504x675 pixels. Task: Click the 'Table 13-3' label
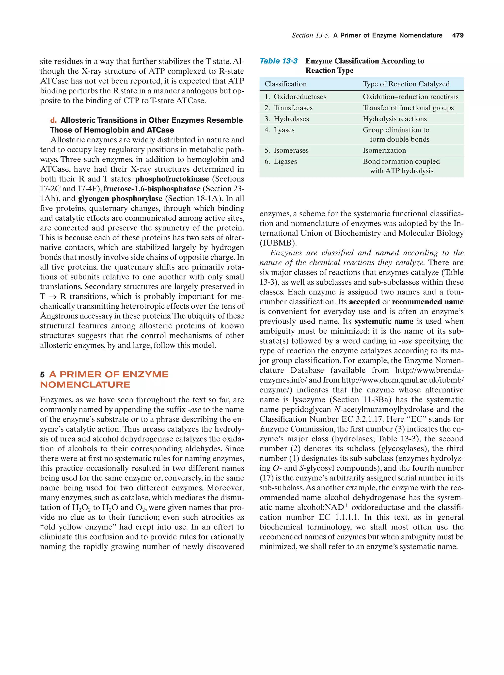pyautogui.click(x=278, y=61)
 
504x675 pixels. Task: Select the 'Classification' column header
pyautogui.click(x=285, y=84)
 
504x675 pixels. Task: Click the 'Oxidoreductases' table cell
pyautogui.click(x=300, y=97)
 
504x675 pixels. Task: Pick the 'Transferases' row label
pyautogui.click(x=293, y=108)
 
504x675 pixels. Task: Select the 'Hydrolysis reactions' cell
pyautogui.click(x=394, y=119)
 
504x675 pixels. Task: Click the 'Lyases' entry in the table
pyautogui.click(x=284, y=130)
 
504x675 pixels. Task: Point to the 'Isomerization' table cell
pyautogui.click(x=384, y=150)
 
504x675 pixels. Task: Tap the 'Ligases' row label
pyautogui.click(x=285, y=162)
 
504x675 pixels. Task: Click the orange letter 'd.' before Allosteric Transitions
pyautogui.click(x=54, y=120)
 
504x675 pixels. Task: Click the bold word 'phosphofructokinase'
pyautogui.click(x=172, y=179)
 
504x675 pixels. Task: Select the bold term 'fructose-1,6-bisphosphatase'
pyautogui.click(x=152, y=189)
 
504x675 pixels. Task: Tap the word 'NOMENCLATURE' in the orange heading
pyautogui.click(x=85, y=384)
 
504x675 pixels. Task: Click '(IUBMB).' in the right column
pyautogui.click(x=278, y=243)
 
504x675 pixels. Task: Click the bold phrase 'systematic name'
pyautogui.click(x=384, y=321)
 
